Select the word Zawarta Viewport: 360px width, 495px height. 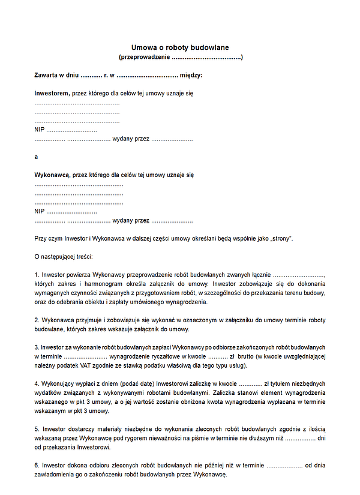(47, 75)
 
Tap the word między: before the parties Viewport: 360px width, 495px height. (191, 75)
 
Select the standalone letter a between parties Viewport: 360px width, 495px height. (37, 157)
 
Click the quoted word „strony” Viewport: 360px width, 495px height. (280, 238)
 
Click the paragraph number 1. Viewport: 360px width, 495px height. (37, 274)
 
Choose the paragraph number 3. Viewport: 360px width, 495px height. (37, 347)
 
